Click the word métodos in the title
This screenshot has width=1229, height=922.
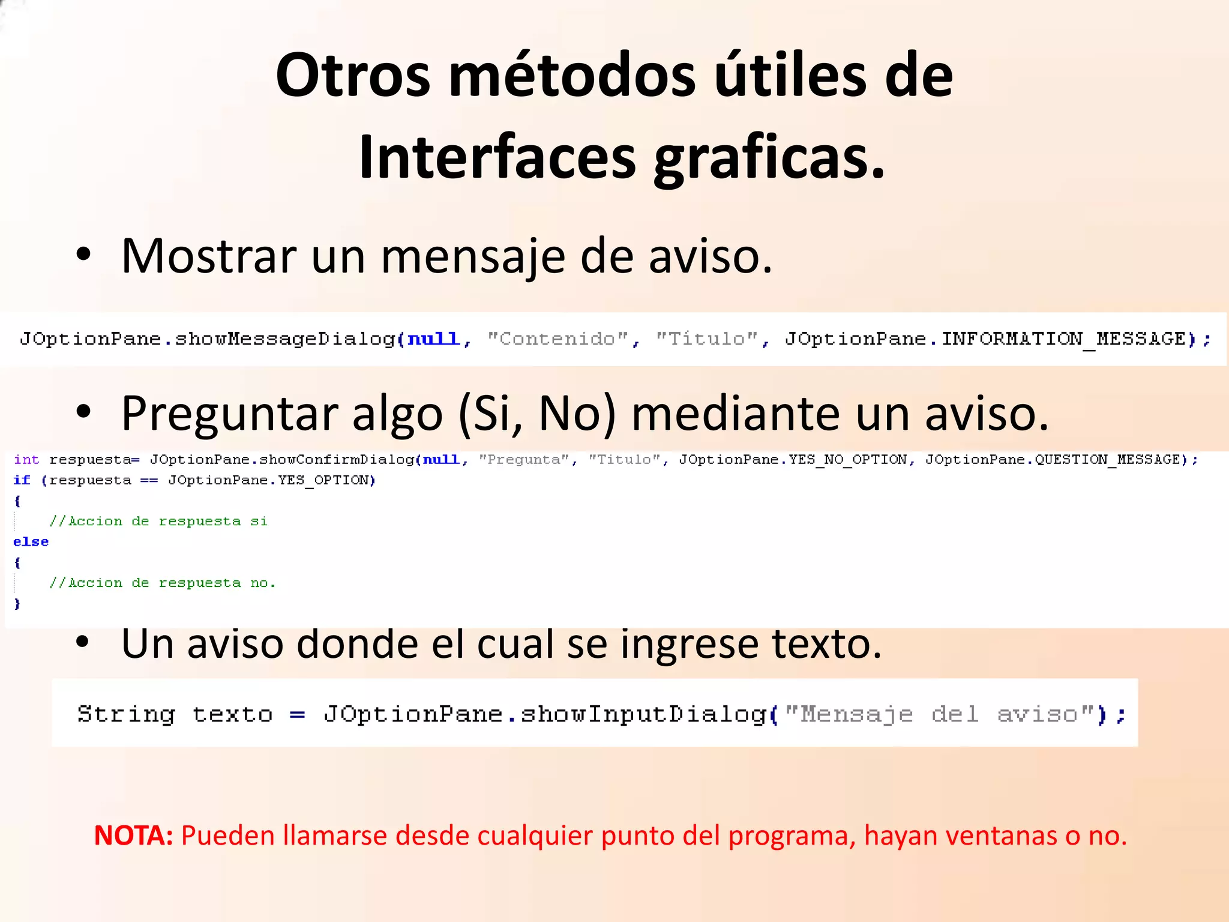click(572, 76)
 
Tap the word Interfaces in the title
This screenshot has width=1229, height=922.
click(497, 157)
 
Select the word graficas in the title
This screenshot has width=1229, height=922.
click(769, 157)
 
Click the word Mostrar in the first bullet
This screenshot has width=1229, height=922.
click(208, 256)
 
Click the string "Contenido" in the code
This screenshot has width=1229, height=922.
click(557, 339)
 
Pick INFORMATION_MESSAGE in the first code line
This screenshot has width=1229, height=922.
click(1063, 339)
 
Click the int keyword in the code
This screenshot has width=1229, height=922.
click(26, 460)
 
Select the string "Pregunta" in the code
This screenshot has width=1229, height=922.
click(523, 460)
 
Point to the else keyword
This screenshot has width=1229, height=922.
click(31, 542)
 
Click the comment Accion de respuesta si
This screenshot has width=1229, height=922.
click(159, 522)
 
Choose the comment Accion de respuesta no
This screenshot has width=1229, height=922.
click(163, 583)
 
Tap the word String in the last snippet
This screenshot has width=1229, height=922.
click(126, 714)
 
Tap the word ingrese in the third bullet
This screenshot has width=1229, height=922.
click(689, 644)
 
